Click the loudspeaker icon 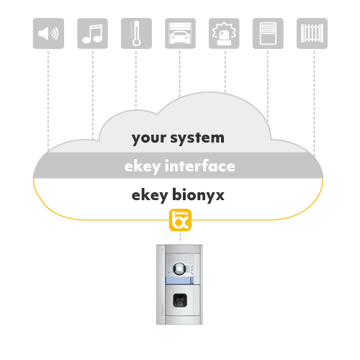(48, 33)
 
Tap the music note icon (92, 33)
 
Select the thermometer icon (136, 33)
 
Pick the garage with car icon (180, 33)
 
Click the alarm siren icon (224, 33)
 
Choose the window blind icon (268, 33)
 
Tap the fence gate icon (312, 33)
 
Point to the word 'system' (197, 138)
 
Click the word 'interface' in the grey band (200, 166)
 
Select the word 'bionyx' (198, 195)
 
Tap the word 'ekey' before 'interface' (143, 167)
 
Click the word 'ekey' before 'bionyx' (150, 196)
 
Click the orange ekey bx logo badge (180, 220)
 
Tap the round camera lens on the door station (179, 269)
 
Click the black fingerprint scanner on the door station (180, 300)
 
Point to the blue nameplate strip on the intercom (180, 280)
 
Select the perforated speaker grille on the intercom (180, 258)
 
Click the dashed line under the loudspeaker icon (48, 101)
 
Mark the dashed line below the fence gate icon (314, 104)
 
